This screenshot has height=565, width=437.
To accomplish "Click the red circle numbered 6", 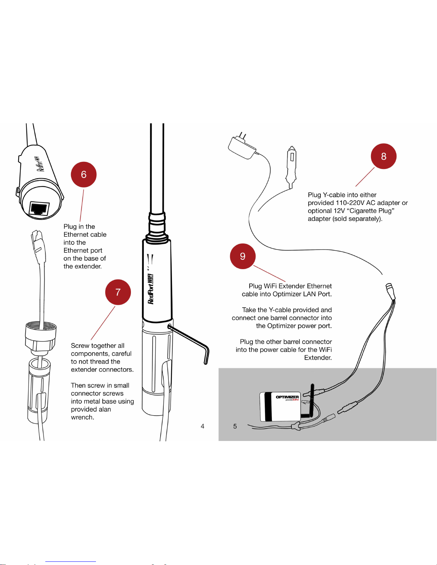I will click(84, 174).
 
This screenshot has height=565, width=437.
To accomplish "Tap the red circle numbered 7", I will click(118, 292).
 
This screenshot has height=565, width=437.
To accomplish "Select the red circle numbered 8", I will click(383, 156).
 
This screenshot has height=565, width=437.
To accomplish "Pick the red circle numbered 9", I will click(243, 256).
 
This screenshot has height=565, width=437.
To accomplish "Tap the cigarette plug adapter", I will click(291, 166).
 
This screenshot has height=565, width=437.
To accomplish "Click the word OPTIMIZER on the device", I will click(287, 397).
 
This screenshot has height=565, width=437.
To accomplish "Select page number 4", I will click(203, 426).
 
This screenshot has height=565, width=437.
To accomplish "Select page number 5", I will click(235, 426).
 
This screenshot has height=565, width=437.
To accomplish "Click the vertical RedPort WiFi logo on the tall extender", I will click(151, 289).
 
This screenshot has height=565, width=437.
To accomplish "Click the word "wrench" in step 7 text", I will click(82, 417).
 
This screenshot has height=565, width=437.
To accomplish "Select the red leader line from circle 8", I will click(365, 177).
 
